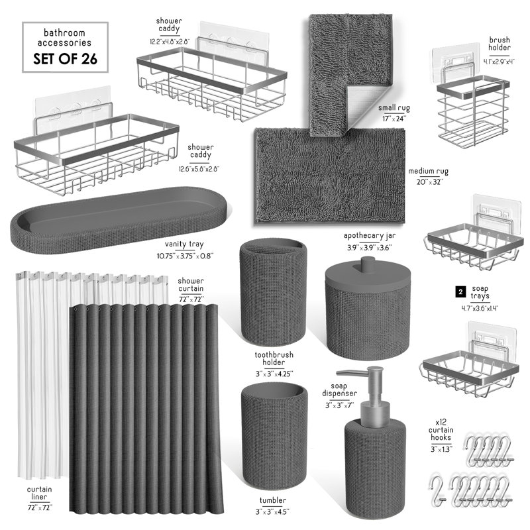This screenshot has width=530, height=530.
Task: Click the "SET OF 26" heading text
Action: (x=65, y=59)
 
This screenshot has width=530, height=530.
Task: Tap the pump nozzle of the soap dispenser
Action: (x=352, y=373)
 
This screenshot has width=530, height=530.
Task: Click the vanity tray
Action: (x=119, y=217)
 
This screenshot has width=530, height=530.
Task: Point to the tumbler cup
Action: (x=274, y=435)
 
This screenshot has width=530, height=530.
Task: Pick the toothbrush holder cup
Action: (x=273, y=291)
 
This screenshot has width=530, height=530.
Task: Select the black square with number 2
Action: (x=460, y=291)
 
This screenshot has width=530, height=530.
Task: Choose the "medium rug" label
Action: (x=428, y=172)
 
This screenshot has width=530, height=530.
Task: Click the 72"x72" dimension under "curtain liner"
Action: (x=40, y=507)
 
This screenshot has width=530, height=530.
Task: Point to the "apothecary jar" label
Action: (x=369, y=236)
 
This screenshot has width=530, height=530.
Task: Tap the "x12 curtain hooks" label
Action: (x=441, y=429)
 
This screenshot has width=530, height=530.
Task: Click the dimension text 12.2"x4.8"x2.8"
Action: (x=170, y=42)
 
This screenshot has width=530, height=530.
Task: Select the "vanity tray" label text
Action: (x=184, y=244)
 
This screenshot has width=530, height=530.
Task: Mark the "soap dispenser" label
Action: (x=339, y=390)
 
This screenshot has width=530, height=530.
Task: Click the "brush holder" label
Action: (x=500, y=44)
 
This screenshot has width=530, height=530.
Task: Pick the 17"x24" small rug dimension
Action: (x=394, y=119)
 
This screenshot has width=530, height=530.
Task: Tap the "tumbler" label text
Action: (x=273, y=500)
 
